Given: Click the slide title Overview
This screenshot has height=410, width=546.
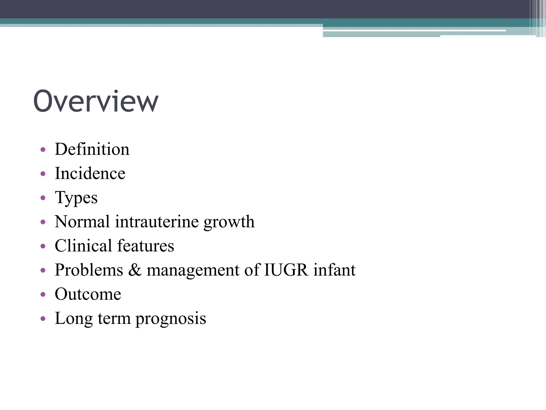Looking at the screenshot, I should [96, 101].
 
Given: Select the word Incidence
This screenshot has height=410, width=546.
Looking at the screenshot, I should [90, 173].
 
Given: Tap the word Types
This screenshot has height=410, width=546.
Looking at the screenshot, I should [76, 198].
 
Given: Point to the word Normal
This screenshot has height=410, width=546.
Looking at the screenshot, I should [82, 222].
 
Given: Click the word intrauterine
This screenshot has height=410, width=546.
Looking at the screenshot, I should [157, 222].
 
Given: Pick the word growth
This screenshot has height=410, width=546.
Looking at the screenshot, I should [229, 222].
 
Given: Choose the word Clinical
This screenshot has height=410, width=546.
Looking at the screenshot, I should [83, 246].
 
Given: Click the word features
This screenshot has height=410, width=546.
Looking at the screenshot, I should [146, 246].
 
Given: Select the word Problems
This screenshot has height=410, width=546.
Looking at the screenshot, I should [89, 270].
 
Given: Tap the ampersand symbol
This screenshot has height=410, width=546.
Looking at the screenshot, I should [135, 270].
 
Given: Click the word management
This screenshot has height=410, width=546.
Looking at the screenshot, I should [193, 270].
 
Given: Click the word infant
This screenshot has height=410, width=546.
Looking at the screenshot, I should [334, 270].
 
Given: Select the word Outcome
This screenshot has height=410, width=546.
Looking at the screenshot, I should [88, 294].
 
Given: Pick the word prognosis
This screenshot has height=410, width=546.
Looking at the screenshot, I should [171, 319].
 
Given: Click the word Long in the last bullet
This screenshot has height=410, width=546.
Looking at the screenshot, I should [74, 319].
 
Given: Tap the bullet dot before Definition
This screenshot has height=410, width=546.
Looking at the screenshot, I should [43, 149].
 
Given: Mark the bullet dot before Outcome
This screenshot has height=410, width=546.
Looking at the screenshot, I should [43, 294].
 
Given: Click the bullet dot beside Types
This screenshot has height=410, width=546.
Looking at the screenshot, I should [43, 198].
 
